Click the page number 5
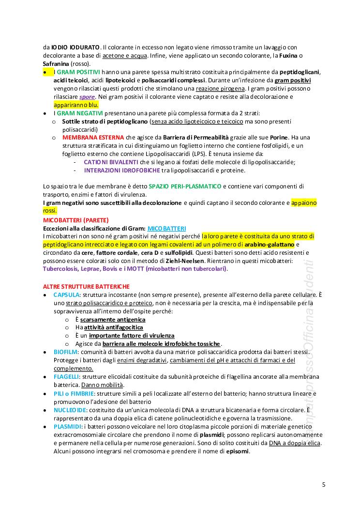[x=324, y=484]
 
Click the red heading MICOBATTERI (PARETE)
[x=76, y=220]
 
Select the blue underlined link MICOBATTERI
[x=166, y=228]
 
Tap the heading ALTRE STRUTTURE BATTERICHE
[x=86, y=287]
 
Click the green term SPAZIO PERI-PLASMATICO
[x=185, y=186]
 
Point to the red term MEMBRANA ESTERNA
[x=93, y=138]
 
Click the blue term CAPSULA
[x=66, y=294]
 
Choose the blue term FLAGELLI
[x=66, y=376]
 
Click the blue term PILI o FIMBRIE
[x=74, y=393]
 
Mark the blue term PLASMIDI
[x=67, y=426]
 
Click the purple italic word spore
[x=87, y=97]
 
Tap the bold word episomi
[x=238, y=451]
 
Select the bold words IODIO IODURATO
[x=75, y=47]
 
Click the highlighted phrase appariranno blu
[x=76, y=105]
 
